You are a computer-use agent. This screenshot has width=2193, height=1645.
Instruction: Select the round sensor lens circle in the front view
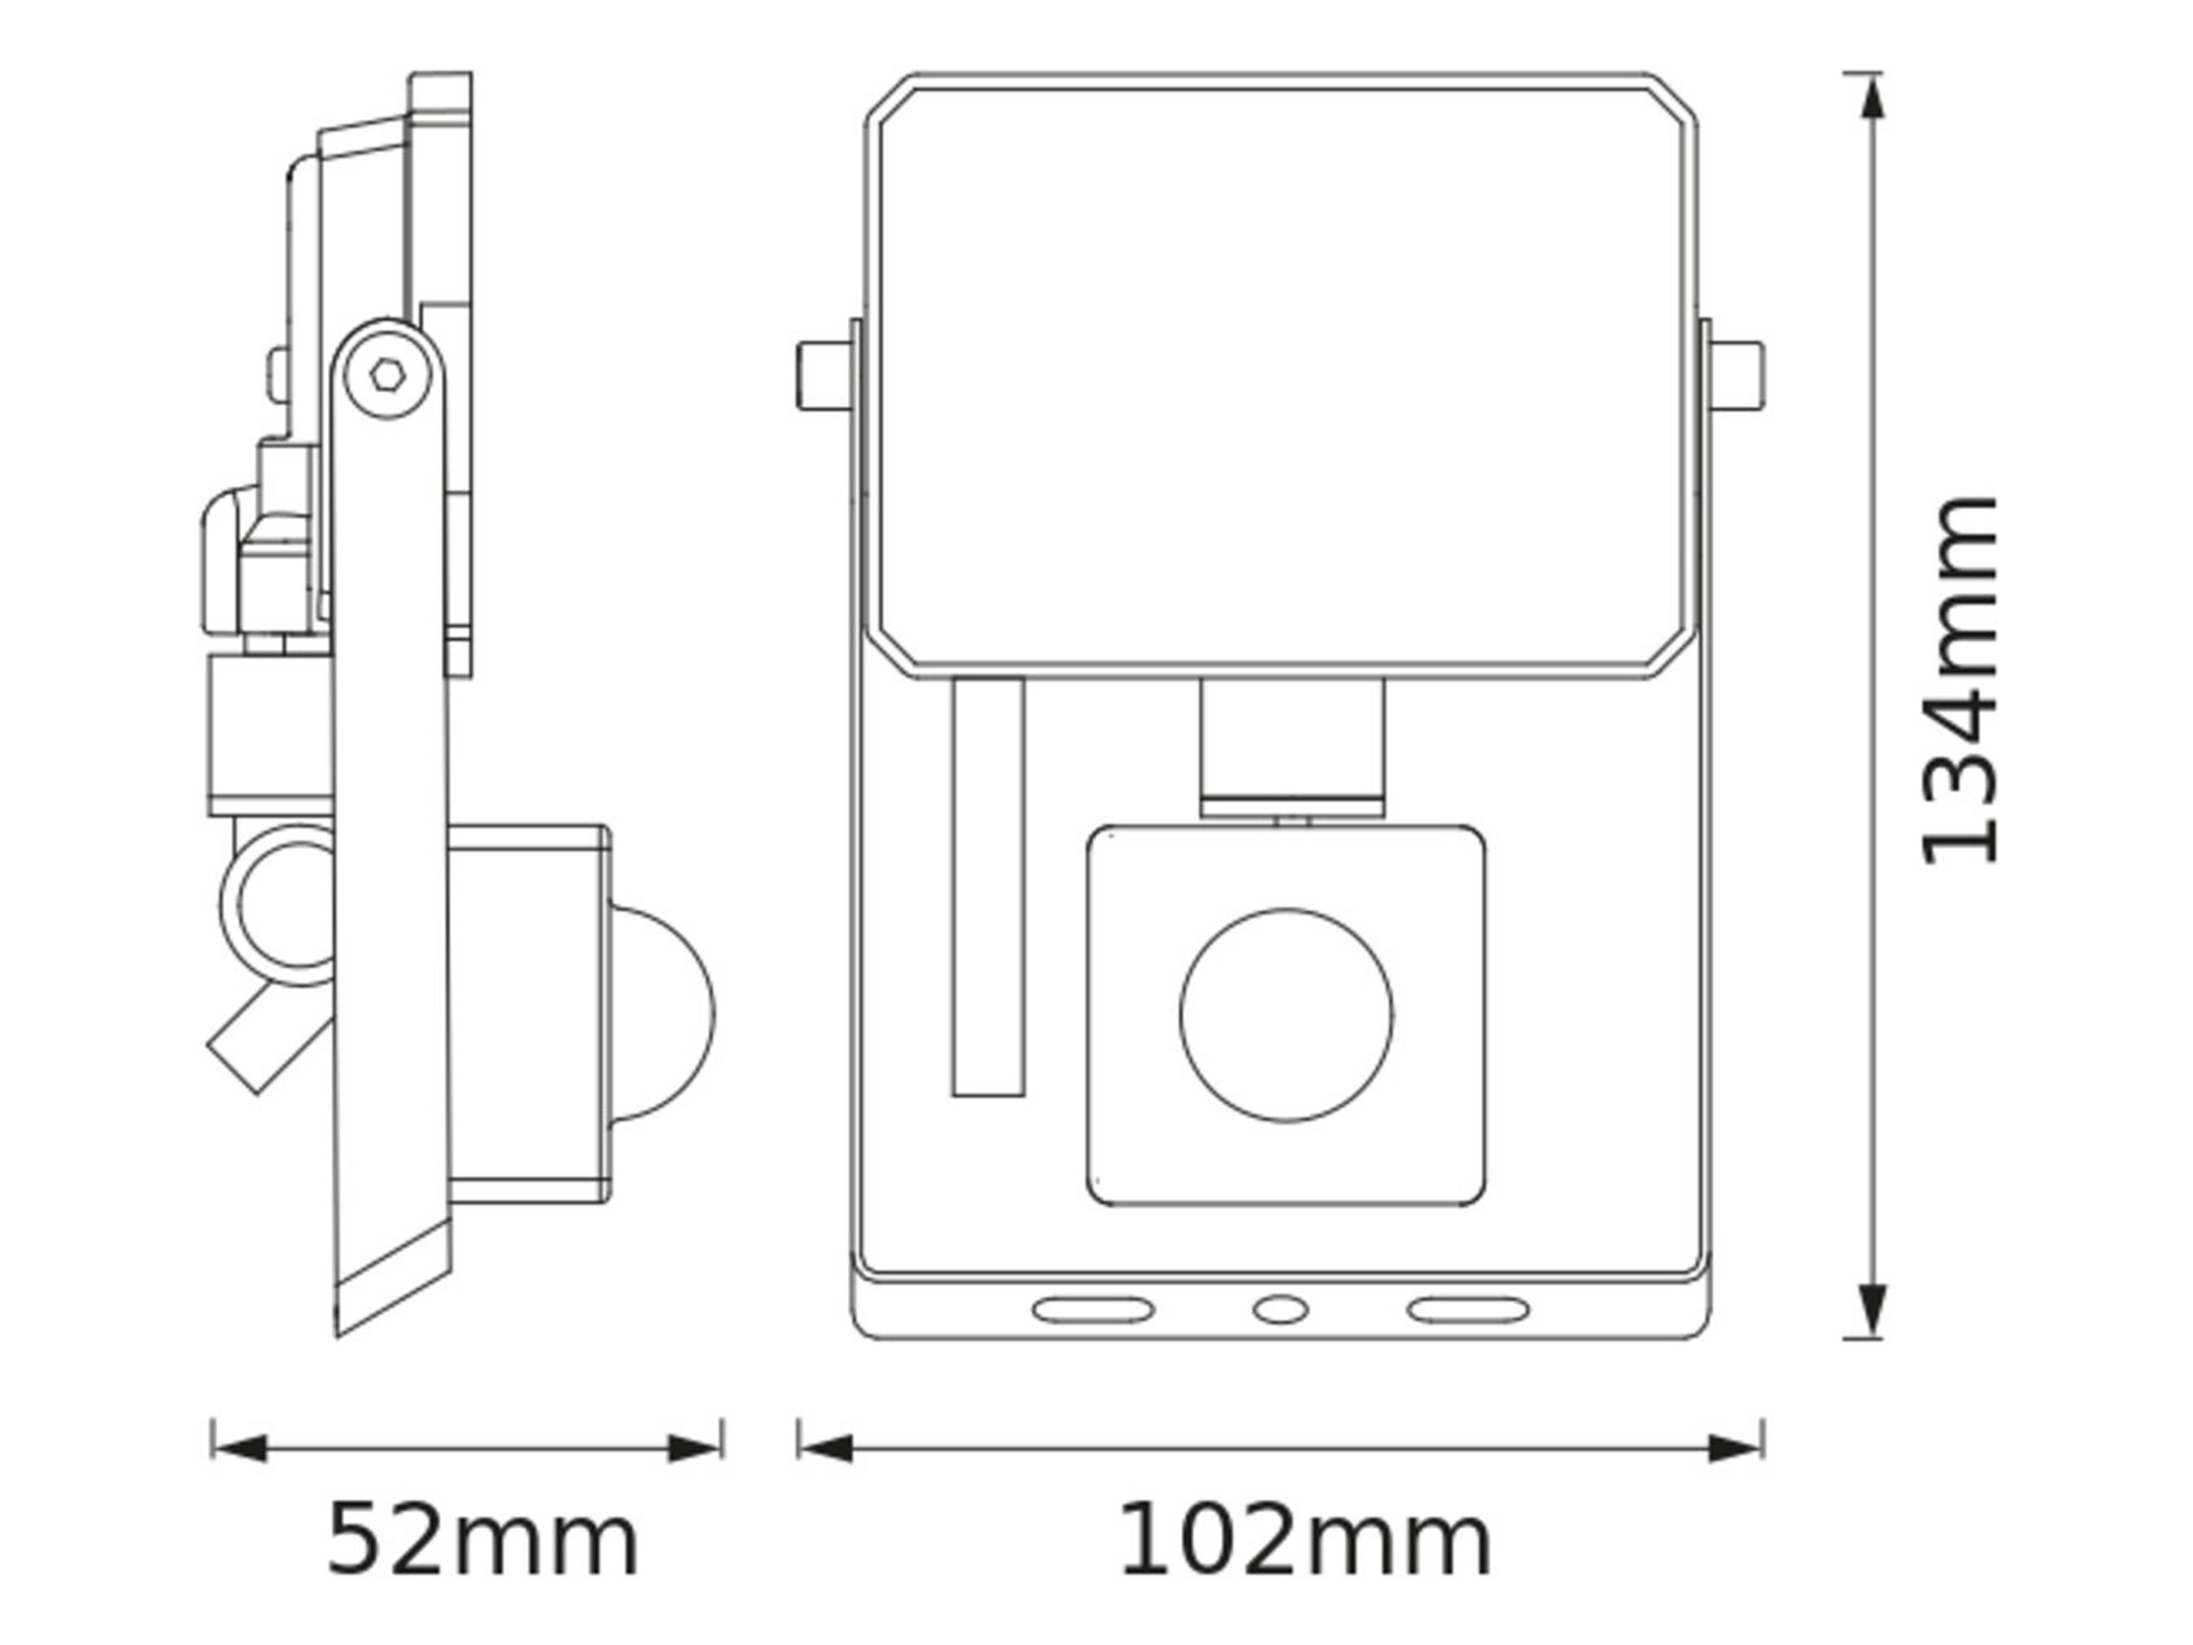[x=1286, y=1016]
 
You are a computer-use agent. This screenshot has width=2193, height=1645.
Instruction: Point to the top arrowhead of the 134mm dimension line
[x=1872, y=99]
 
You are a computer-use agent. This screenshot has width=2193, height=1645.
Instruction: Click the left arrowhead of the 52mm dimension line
[x=240, y=1448]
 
